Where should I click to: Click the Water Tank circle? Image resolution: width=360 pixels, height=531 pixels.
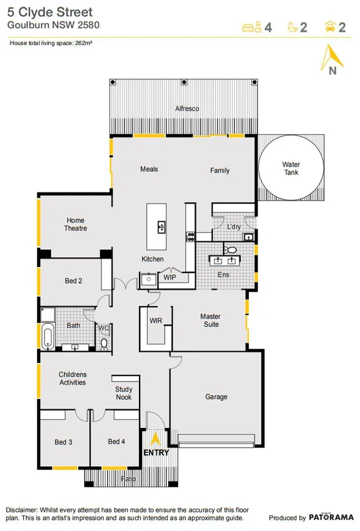[x=291, y=168]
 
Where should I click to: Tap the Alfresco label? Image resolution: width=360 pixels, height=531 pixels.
[x=187, y=108]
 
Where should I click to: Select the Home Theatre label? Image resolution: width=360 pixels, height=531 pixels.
[x=75, y=224]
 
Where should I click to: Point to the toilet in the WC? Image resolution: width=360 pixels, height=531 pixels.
[x=104, y=343]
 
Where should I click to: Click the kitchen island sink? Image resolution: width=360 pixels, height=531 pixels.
[x=161, y=228]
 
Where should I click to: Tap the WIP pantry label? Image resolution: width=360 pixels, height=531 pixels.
[x=169, y=277]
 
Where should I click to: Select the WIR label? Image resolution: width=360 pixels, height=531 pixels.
[x=156, y=320]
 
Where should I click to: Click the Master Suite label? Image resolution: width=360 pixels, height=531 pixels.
[x=210, y=321]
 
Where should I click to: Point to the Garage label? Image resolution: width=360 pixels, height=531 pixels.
[x=216, y=397]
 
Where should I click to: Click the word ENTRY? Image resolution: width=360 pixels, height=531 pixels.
[x=156, y=453]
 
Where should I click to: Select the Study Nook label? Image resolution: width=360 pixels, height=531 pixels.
[x=124, y=393]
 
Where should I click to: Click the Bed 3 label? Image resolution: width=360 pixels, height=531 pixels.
[x=63, y=442]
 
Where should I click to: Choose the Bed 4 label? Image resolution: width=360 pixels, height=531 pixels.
[x=116, y=442]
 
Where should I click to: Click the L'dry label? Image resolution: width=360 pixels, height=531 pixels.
[x=234, y=227]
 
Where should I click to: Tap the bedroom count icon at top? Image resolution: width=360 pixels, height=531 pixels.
[x=249, y=27]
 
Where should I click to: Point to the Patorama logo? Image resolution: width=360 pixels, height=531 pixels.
[x=330, y=518]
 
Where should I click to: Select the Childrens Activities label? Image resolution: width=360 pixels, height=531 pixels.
[x=73, y=378]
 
